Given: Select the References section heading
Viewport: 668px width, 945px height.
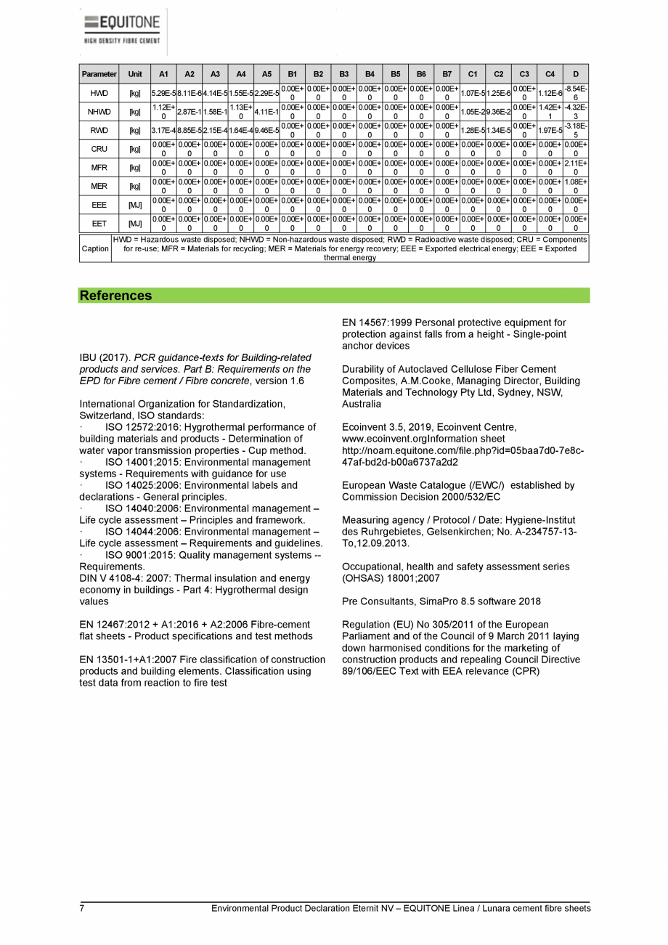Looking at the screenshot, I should (x=116, y=296).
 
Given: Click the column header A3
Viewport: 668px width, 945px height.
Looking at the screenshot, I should (x=215, y=74).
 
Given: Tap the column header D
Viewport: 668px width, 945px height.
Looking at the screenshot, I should (x=575, y=74).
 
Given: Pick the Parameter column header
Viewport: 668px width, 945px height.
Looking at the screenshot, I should (x=99, y=74).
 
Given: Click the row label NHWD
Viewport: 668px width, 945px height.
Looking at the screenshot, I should (x=99, y=112).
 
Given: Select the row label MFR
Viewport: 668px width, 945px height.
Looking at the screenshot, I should (x=99, y=168).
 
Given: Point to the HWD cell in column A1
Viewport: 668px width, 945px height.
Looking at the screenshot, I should (x=163, y=93).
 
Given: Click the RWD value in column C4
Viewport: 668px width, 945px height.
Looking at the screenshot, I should (x=550, y=131).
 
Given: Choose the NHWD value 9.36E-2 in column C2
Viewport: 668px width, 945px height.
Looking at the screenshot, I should (x=498, y=112).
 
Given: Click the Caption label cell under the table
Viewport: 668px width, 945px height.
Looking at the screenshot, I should (x=94, y=248).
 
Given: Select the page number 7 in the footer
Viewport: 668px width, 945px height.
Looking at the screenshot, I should (x=82, y=909).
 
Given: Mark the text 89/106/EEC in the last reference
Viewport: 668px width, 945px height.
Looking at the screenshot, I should (x=367, y=671).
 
